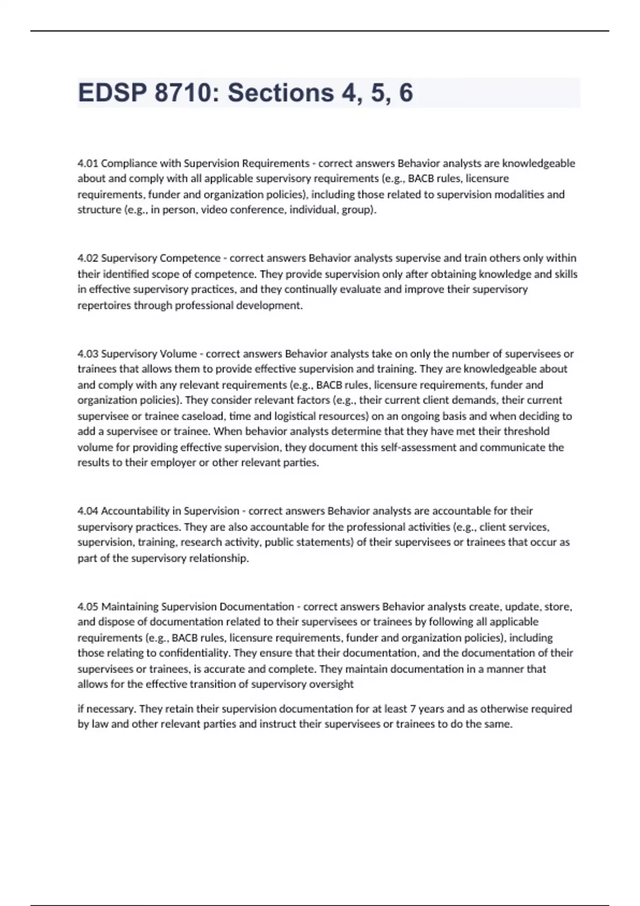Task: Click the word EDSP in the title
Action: point(112,93)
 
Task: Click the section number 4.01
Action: point(87,163)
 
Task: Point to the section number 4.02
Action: point(87,258)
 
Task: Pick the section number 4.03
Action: point(87,353)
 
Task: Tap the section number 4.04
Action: point(87,511)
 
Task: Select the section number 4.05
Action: point(87,606)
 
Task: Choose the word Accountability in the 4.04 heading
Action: point(135,511)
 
